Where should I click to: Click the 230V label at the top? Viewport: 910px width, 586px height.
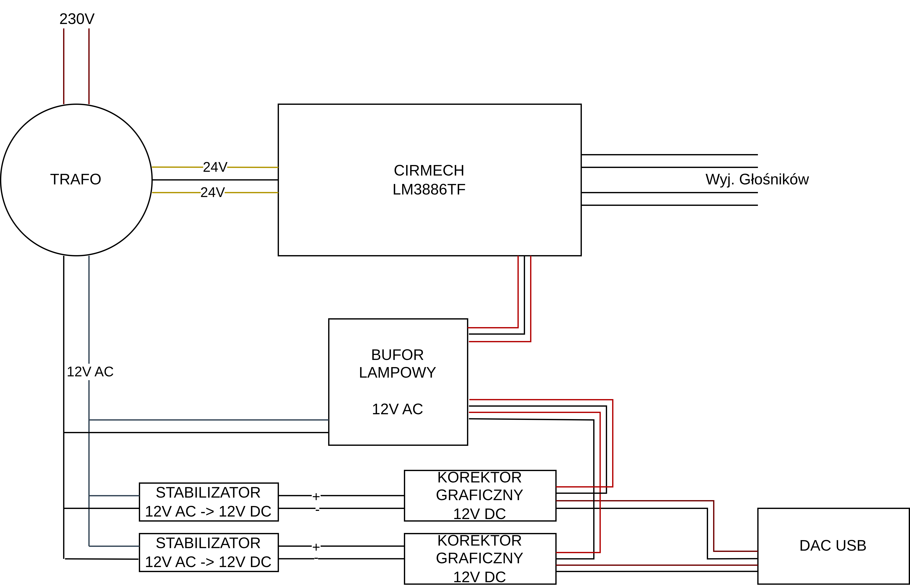coord(77,19)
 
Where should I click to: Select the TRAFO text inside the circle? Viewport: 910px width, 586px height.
coord(76,179)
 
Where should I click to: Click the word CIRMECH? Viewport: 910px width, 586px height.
coord(429,170)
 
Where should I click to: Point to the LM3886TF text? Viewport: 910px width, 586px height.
coord(429,189)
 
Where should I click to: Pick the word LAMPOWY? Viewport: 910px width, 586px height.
coord(397,373)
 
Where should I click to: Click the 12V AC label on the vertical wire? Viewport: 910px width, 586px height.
coord(90,372)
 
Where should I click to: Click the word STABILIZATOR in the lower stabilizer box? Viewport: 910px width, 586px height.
coord(208,543)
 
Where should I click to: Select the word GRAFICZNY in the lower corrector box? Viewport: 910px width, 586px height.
coord(480,558)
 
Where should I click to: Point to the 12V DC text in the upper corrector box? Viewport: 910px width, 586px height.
coord(480,514)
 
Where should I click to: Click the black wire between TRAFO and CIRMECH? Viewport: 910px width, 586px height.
coord(215,180)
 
